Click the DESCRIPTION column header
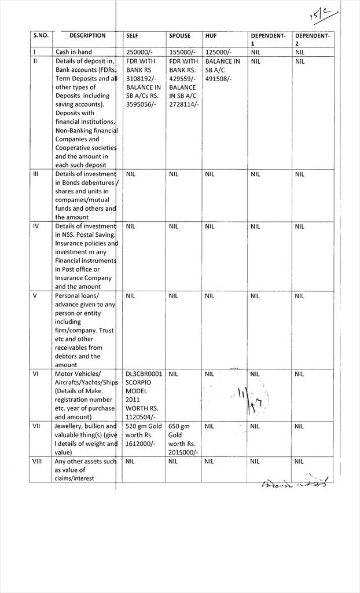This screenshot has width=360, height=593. click(x=87, y=36)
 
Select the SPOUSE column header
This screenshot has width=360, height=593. click(x=179, y=36)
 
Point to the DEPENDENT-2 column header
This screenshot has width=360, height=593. click(x=312, y=39)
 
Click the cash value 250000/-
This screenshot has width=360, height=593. click(x=139, y=52)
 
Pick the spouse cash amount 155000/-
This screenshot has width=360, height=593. click(x=182, y=52)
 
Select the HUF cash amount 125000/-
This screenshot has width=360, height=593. click(x=219, y=52)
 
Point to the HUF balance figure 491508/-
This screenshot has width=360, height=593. click(x=218, y=79)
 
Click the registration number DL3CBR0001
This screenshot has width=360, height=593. click(x=144, y=374)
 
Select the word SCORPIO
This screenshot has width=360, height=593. click(x=139, y=383)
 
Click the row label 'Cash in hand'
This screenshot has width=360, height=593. click(x=74, y=52)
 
